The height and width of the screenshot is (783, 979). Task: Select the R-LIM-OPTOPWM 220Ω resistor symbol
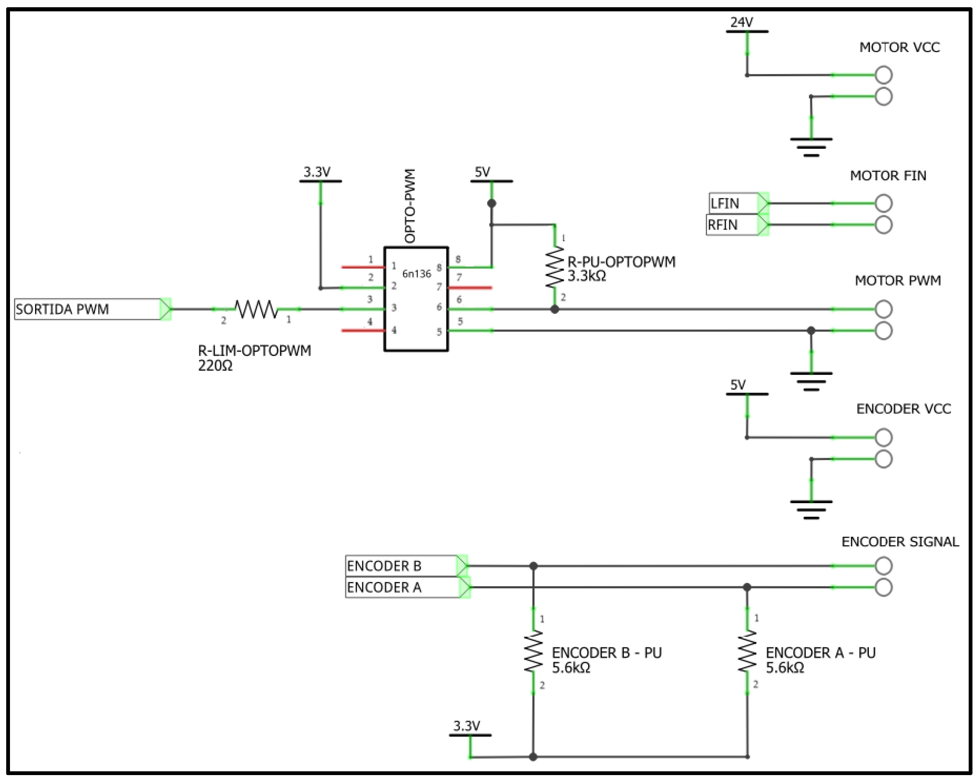257,309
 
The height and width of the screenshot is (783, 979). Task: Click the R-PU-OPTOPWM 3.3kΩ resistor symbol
554,267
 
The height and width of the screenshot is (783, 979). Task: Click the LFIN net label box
733,203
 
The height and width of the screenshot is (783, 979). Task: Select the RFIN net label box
732,225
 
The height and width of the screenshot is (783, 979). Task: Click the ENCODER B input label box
402,566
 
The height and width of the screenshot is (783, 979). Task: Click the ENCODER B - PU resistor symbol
533,653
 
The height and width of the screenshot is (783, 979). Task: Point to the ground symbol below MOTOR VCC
811,147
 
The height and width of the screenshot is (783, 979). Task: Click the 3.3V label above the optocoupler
317,172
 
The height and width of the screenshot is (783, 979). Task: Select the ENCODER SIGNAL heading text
900,542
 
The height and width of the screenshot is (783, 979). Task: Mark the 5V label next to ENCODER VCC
738,385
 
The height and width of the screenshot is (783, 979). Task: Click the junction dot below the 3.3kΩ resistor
554,309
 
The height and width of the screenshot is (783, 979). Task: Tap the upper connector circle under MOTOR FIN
884,203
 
